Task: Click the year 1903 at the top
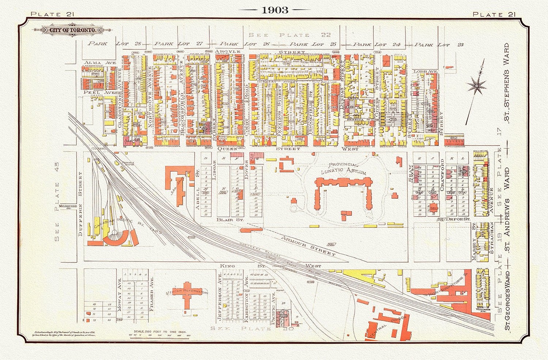pyautogui.click(x=275, y=10)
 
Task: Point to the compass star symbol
pyautogui.click(x=477, y=86)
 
